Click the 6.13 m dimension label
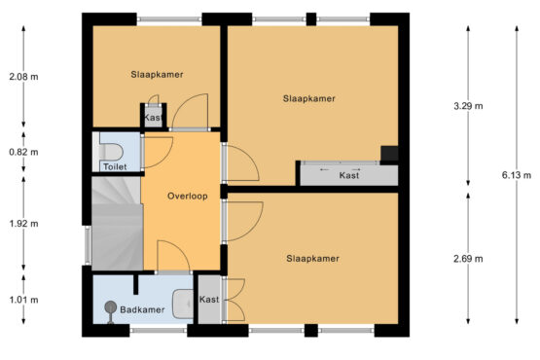pyautogui.click(x=517, y=175)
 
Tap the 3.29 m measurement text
pyautogui.click(x=468, y=106)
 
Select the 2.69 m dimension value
pyautogui.click(x=468, y=259)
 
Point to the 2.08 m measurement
pyautogui.click(x=23, y=77)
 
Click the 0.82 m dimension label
pyautogui.click(x=23, y=152)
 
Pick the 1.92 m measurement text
pyautogui.click(x=23, y=224)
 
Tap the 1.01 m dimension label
pyautogui.click(x=23, y=300)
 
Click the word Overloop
pyautogui.click(x=188, y=196)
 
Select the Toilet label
pyautogui.click(x=115, y=166)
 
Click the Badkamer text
pyautogui.click(x=142, y=309)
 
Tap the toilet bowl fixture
pyautogui.click(x=111, y=151)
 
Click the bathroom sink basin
pyautogui.click(x=183, y=304)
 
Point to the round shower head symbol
pyautogui.click(x=111, y=306)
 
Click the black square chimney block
pyautogui.click(x=389, y=154)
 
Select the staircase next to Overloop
pyautogui.click(x=118, y=223)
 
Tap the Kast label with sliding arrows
pyautogui.click(x=349, y=175)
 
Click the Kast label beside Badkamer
pyautogui.click(x=209, y=300)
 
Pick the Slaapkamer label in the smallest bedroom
pyautogui.click(x=157, y=74)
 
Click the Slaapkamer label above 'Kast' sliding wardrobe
pyautogui.click(x=308, y=98)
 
